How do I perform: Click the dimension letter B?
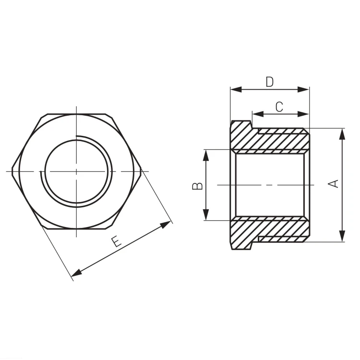pos(197,186)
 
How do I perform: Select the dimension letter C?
pos(279,107)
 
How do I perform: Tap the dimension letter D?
pos(270,82)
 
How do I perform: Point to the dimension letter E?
pos(117,242)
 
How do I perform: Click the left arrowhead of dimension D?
pos(236,89)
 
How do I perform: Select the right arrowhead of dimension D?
pos(303,89)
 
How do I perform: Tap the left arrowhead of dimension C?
pos(258,114)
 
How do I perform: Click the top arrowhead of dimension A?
pos(342,134)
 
